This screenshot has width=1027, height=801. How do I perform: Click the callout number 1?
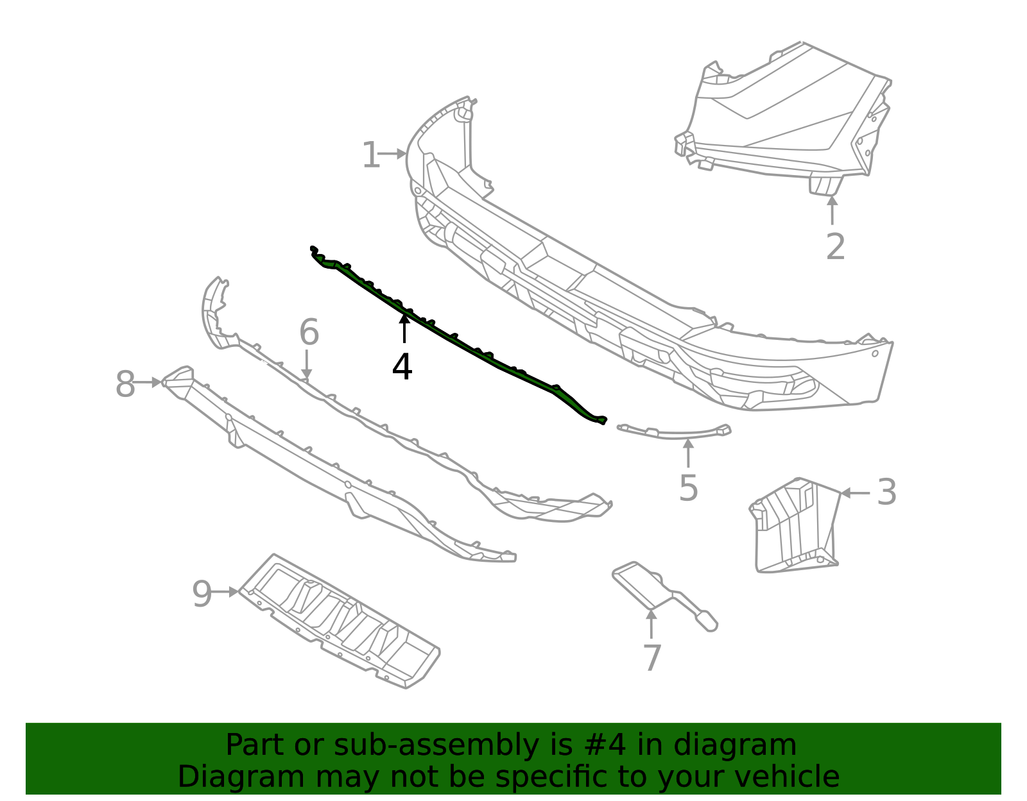pos(370,156)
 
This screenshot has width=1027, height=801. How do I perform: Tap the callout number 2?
pos(834,247)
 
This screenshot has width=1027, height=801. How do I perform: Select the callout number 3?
pos(886,493)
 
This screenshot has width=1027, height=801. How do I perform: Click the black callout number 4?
pos(402,367)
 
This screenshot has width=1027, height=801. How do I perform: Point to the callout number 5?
pos(688,489)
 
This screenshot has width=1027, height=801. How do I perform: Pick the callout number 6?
pos(309,333)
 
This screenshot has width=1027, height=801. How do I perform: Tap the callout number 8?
pos(125,385)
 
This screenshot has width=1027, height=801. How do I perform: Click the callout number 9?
pos(202,594)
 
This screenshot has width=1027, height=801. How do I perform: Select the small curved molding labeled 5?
pos(674,433)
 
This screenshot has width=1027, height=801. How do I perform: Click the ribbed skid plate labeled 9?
pos(340,622)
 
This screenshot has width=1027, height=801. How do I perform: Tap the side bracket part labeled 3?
pos(796,526)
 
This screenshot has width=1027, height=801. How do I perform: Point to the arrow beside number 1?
pos(392,154)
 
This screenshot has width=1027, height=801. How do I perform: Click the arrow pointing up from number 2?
pos(832,210)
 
